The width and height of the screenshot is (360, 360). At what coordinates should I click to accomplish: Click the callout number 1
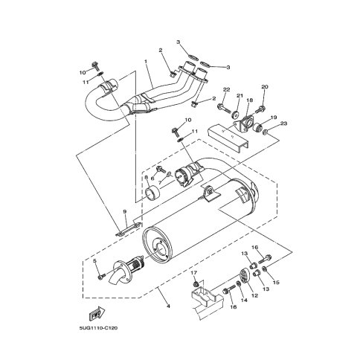(x=146, y=61)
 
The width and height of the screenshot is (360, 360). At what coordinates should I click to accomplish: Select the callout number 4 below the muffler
(x=168, y=306)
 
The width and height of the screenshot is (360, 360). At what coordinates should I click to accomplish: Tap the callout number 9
(x=125, y=211)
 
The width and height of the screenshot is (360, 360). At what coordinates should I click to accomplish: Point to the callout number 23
(x=283, y=123)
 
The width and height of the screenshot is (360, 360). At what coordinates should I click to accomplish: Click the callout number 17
(x=194, y=272)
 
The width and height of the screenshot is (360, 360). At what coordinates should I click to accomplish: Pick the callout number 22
(x=227, y=89)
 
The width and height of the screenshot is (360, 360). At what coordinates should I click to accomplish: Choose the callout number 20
(x=265, y=86)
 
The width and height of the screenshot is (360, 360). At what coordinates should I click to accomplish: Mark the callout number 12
(x=254, y=295)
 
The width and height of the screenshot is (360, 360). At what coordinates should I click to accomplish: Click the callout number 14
(x=244, y=300)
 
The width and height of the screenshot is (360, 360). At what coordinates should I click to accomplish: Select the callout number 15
(x=276, y=283)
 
